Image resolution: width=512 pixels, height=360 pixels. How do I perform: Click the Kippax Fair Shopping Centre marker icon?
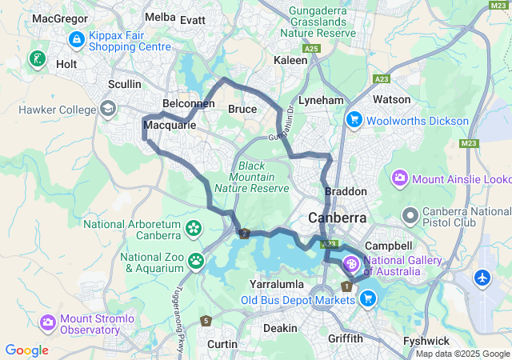77,38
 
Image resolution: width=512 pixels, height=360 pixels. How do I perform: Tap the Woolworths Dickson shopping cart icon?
353,120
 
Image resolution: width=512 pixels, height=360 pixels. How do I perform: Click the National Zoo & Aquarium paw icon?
196,260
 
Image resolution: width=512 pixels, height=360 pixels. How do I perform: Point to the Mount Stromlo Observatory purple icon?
48,322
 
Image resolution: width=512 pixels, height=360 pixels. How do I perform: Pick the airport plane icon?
482,278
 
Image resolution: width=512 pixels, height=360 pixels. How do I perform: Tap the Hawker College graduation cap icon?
107,109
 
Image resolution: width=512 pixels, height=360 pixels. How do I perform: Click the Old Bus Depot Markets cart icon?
368,299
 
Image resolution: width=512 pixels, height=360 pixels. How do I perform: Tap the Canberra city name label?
338,218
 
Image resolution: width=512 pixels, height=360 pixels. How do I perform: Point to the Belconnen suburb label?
186,105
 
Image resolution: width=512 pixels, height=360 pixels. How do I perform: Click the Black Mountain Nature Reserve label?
258,176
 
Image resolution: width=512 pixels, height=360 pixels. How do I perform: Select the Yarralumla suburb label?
273,284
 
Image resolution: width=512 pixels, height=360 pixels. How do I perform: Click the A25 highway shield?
312,49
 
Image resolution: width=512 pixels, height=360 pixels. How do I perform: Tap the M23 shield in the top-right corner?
496,6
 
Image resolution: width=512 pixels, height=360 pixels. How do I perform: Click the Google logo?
26,350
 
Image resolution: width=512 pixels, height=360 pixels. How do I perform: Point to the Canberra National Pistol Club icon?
410,214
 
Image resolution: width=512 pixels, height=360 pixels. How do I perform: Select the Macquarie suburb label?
170,126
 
